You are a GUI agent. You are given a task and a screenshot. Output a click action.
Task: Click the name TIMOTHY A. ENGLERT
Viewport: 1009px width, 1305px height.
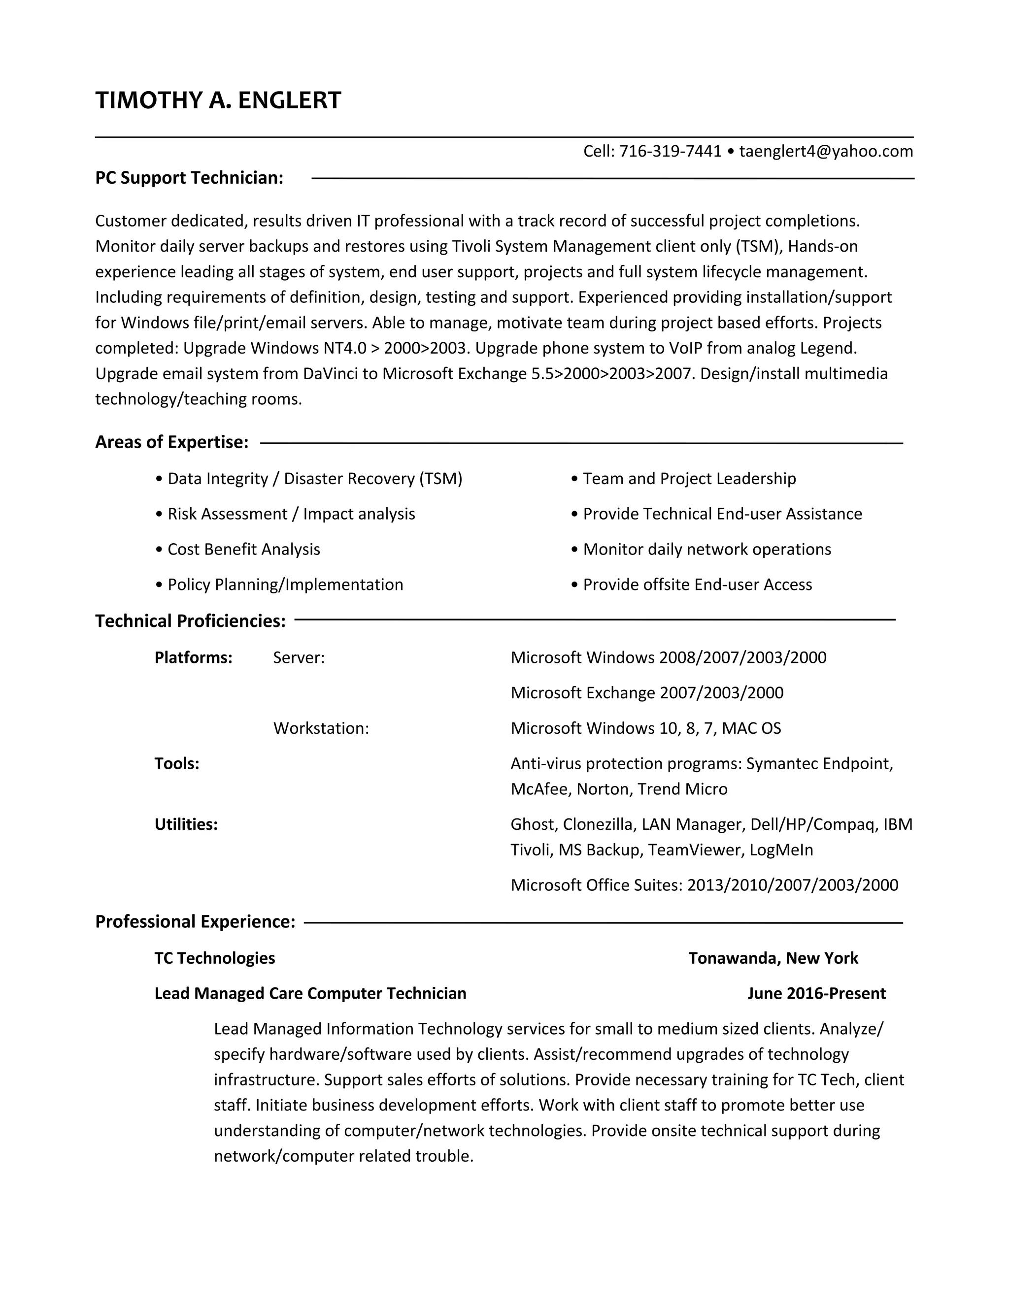pos(218,100)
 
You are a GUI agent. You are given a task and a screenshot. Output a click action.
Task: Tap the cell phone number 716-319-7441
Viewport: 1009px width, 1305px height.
pos(670,151)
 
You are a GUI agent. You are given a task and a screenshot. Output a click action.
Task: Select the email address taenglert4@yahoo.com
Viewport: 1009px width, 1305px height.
pos(826,151)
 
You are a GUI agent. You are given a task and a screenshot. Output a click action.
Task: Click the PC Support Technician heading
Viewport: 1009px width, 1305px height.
pos(189,178)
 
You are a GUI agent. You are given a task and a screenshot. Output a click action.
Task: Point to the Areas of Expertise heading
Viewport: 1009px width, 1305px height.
pos(171,442)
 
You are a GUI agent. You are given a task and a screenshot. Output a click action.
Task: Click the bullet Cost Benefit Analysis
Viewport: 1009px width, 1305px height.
pos(243,549)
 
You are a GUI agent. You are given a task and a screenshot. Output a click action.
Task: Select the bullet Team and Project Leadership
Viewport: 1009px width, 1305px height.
pos(689,479)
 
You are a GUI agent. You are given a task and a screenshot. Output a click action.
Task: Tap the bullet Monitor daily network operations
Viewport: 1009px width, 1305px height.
pos(706,549)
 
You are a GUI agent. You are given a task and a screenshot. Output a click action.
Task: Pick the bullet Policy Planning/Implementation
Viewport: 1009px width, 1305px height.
pos(285,585)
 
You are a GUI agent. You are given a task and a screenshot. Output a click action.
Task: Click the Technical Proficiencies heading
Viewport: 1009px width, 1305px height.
pos(190,621)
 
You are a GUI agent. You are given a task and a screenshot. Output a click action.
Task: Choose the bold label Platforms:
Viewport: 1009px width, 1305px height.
pos(193,657)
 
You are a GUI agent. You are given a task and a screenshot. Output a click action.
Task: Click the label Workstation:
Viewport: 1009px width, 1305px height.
pos(321,728)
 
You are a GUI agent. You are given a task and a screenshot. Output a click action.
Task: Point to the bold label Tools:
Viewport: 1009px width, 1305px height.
pos(177,763)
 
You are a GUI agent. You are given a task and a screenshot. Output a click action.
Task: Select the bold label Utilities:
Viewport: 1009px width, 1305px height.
pos(186,824)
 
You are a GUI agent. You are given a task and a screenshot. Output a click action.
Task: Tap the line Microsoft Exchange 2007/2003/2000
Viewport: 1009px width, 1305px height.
pos(647,692)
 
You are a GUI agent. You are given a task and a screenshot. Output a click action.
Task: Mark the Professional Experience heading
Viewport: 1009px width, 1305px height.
pos(195,921)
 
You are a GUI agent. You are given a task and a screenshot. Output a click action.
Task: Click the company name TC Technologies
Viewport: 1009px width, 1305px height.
pos(215,958)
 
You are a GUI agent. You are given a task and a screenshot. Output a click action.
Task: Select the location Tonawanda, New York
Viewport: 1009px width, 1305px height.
pos(773,958)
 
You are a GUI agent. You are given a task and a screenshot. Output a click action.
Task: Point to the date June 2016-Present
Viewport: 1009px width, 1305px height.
pos(816,993)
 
